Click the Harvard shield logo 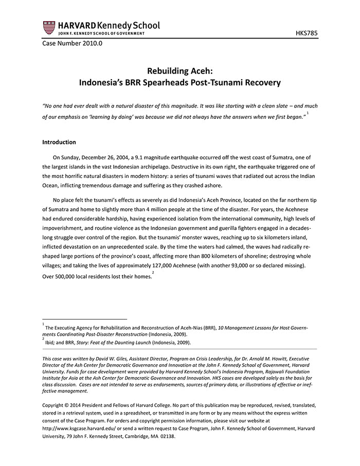point(49,28)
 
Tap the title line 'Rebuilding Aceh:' point(179,71)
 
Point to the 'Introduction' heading point(59,142)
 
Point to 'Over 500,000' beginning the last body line point(60,277)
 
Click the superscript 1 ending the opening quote point(308,113)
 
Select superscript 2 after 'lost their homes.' point(153,273)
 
